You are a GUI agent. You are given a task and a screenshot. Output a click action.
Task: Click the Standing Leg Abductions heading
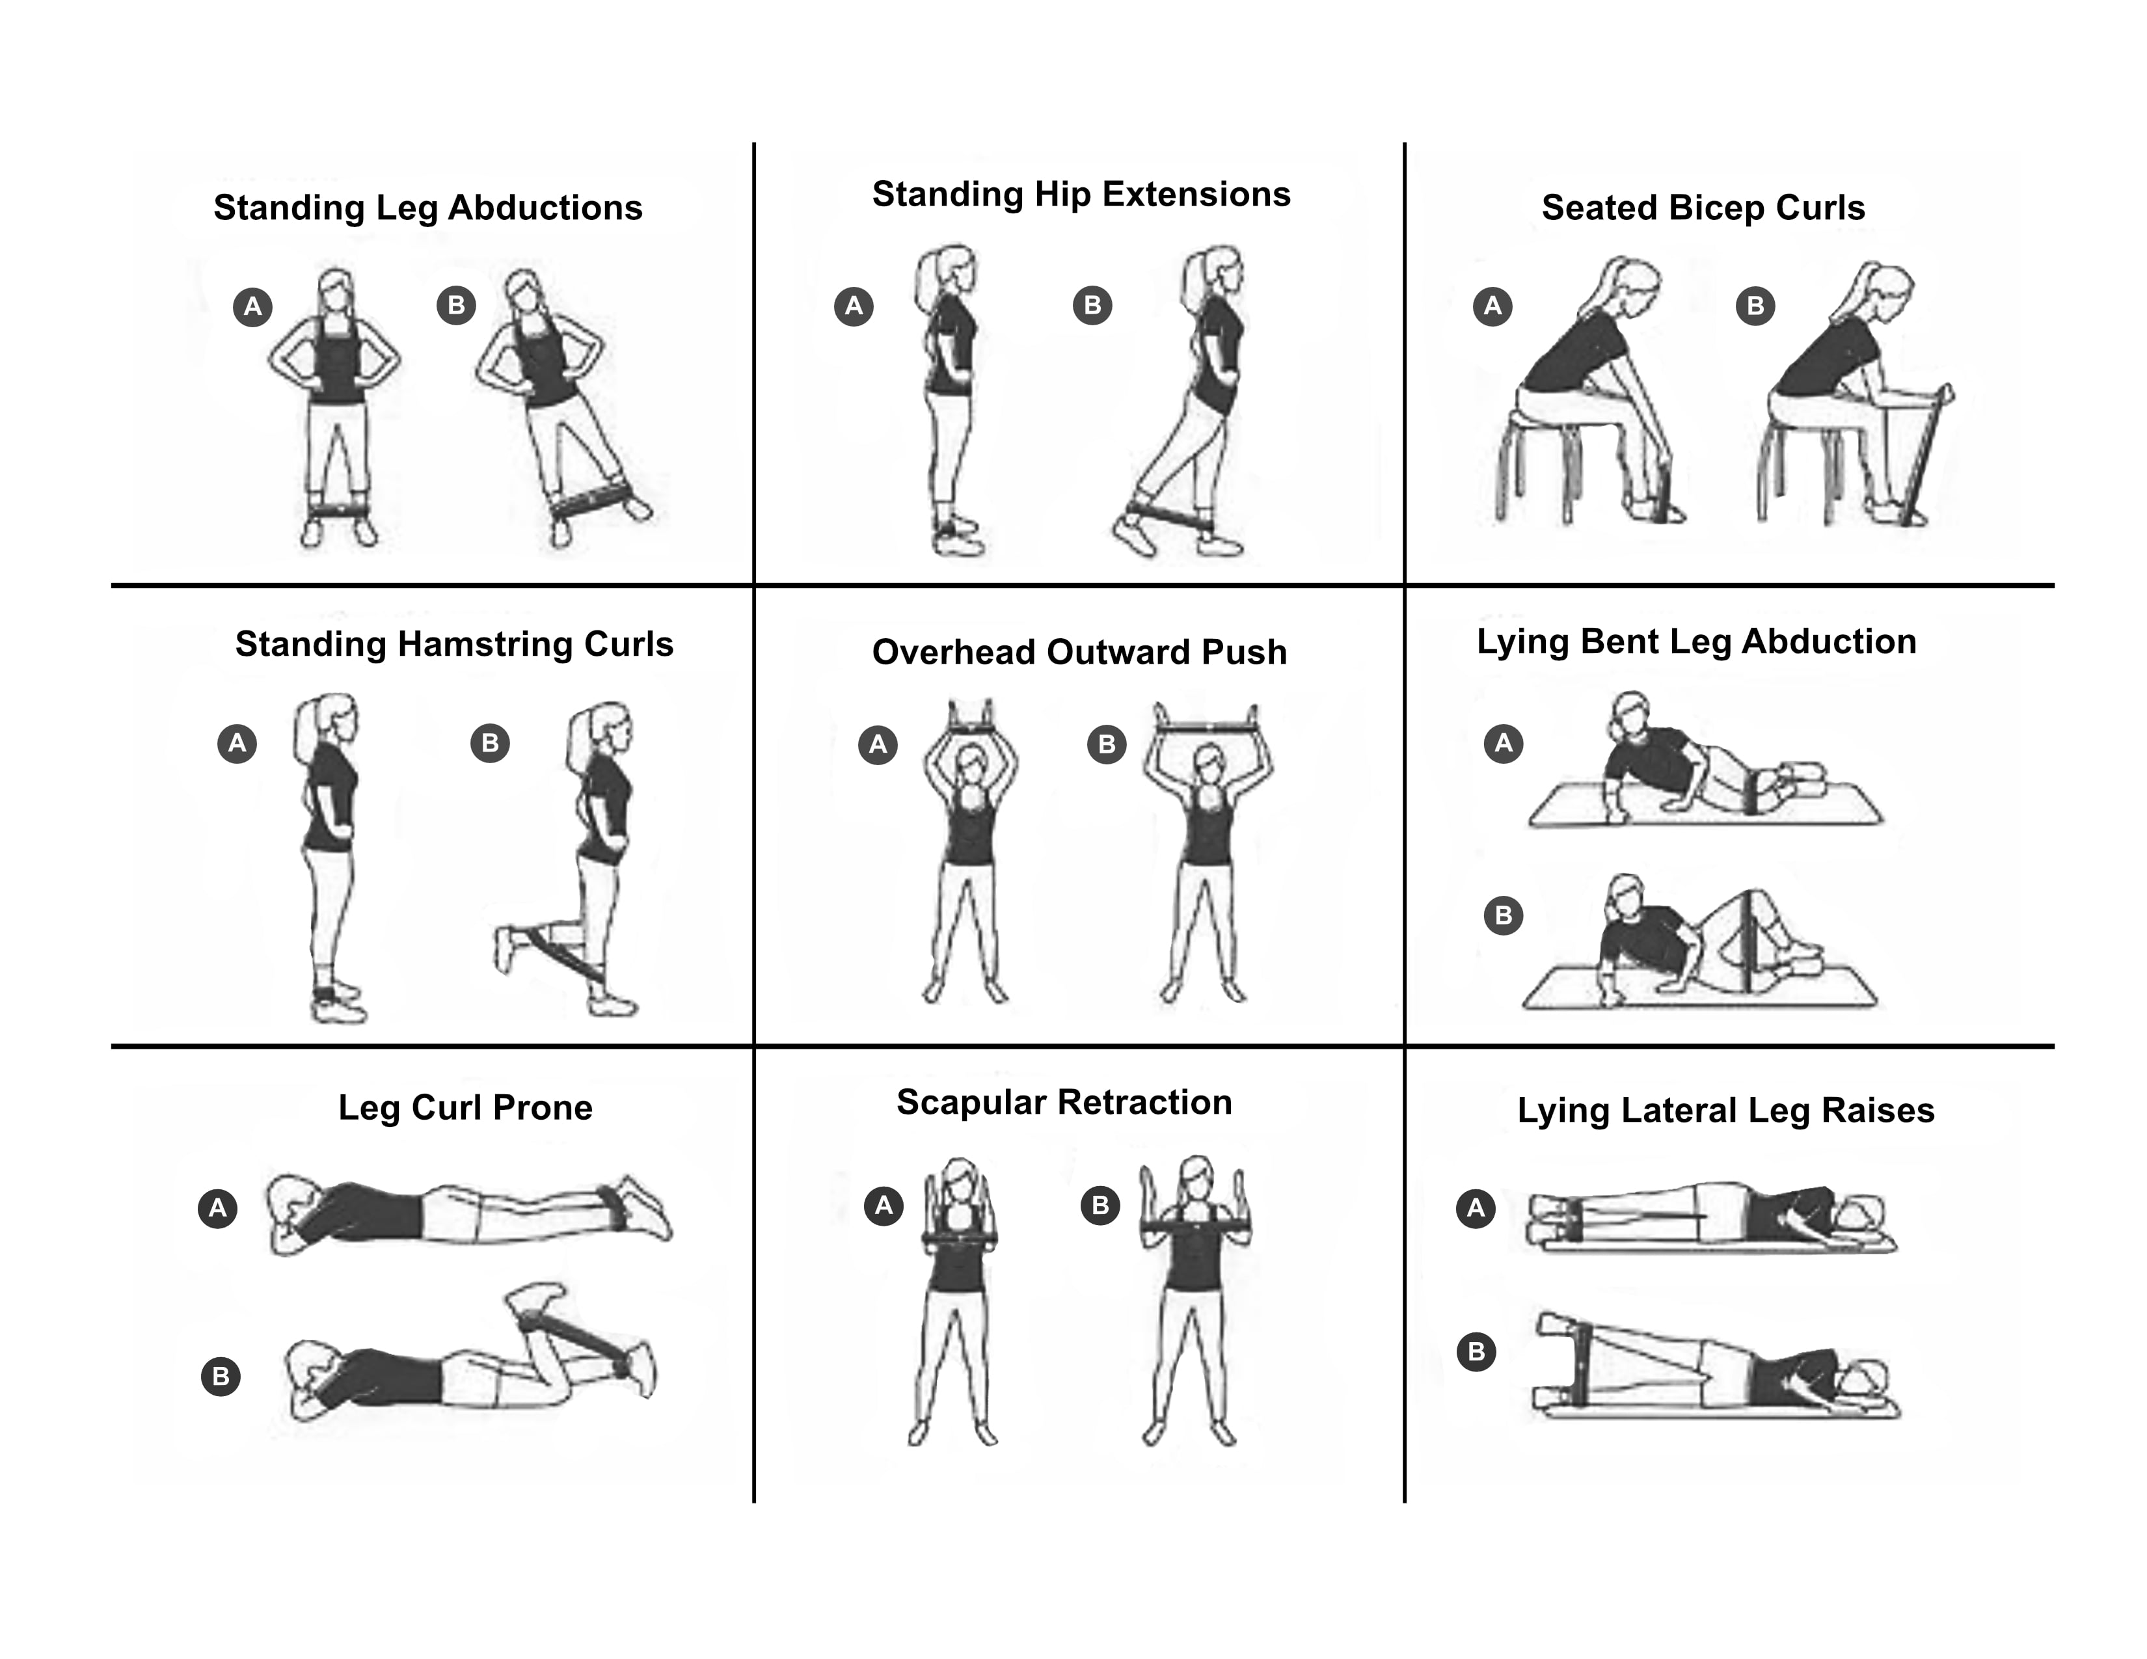(x=427, y=208)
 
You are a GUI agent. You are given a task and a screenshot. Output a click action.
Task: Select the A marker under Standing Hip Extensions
(x=854, y=306)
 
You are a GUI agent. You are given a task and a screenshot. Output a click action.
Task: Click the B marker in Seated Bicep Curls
(x=1755, y=306)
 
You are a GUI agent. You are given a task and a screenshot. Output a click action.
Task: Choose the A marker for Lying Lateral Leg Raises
(x=1476, y=1208)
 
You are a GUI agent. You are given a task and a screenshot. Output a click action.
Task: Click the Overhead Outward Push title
(x=1079, y=652)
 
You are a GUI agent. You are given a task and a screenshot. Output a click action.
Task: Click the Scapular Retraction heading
(x=1064, y=1101)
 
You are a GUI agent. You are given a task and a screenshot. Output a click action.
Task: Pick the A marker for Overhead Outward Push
(x=878, y=744)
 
